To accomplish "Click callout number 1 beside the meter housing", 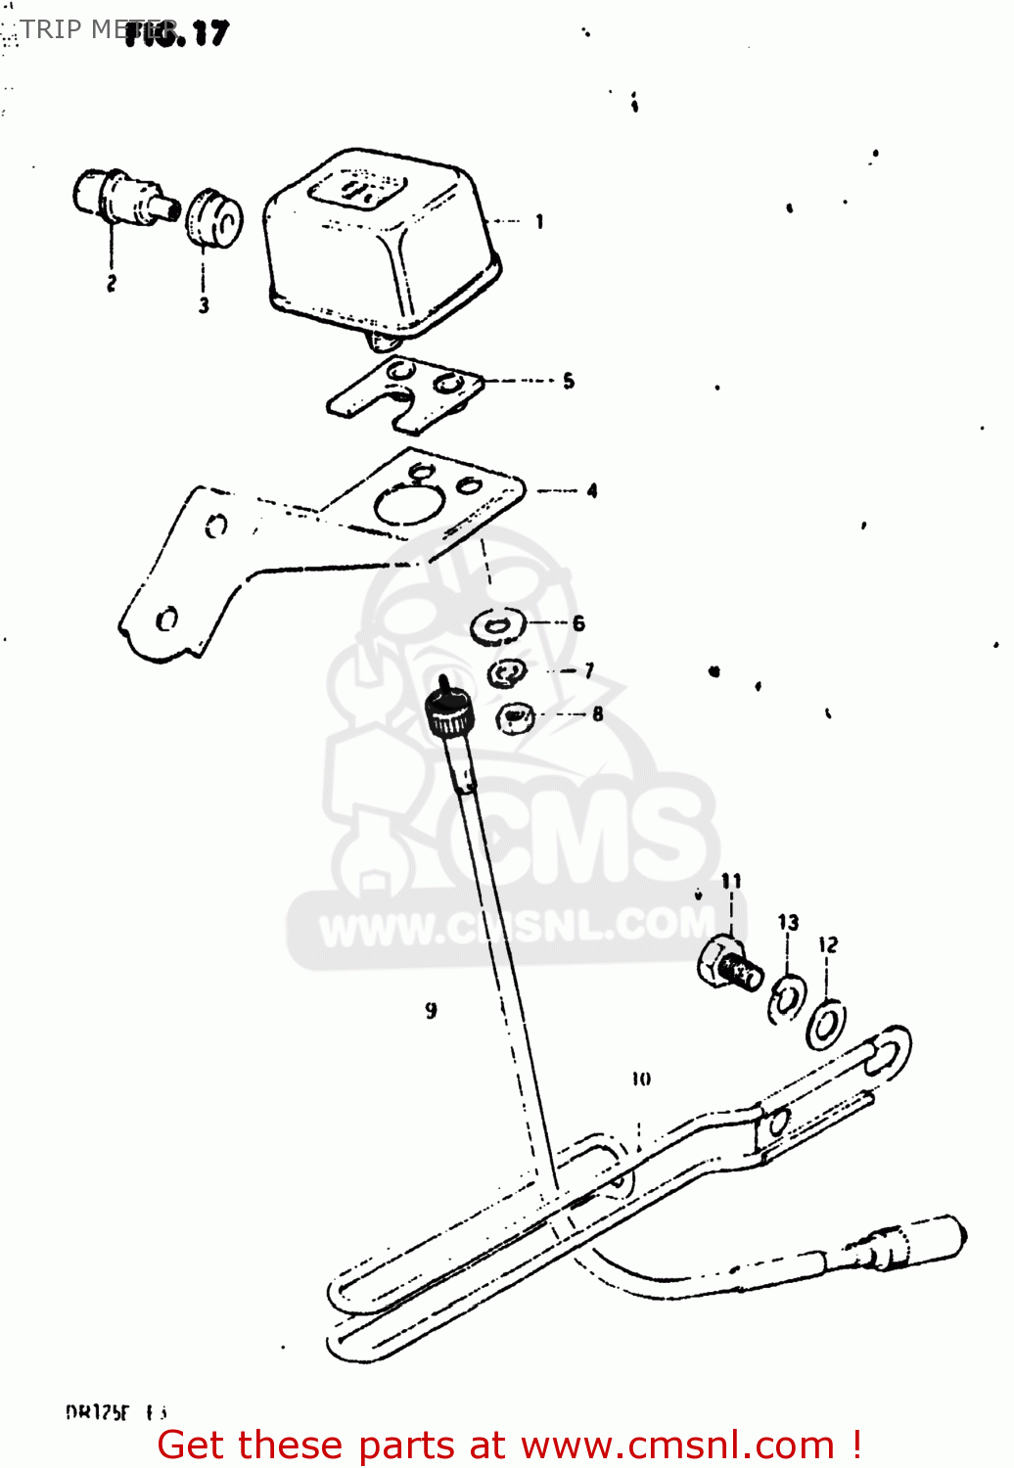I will (x=539, y=222).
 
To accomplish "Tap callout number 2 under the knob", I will (x=112, y=283).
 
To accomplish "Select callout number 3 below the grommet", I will (x=204, y=305).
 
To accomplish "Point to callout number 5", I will (x=569, y=381).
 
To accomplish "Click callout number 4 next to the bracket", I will (x=592, y=490).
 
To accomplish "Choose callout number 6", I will (x=578, y=623).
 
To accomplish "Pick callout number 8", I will (x=597, y=714).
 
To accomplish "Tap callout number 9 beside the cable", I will (x=432, y=1010).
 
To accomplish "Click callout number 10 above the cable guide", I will (x=641, y=1078).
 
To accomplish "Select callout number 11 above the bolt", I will (x=731, y=881).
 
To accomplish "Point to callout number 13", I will (x=788, y=922).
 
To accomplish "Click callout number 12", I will (x=828, y=944).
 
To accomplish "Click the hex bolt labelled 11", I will (x=730, y=963).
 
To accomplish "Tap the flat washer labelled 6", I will (x=497, y=625).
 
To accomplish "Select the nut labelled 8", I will (x=514, y=717).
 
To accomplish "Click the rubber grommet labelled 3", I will (x=213, y=219).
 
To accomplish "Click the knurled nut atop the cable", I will (x=449, y=715).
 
